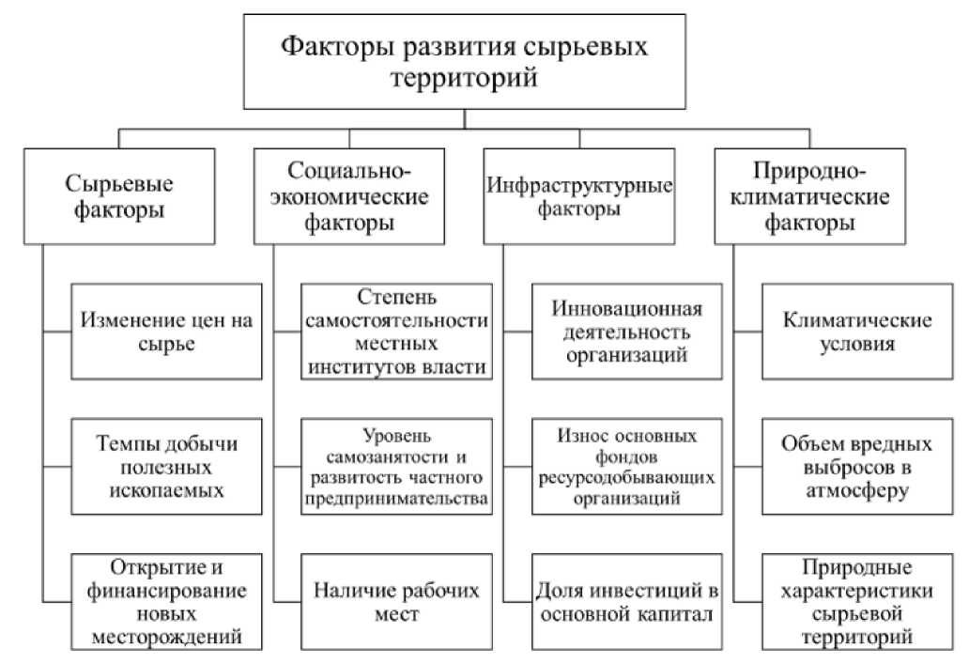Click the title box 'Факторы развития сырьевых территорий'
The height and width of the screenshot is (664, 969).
coord(466,61)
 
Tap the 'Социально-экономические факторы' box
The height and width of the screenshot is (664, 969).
coord(347,195)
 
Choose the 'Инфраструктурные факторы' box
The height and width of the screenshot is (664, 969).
coord(579,195)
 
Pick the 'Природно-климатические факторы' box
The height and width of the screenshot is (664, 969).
coord(809,195)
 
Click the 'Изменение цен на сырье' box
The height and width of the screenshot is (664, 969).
coord(166,332)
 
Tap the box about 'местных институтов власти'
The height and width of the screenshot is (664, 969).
coord(396,332)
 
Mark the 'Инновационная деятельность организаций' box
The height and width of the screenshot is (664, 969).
coord(626,332)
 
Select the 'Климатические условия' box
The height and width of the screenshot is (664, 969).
coord(856,332)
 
